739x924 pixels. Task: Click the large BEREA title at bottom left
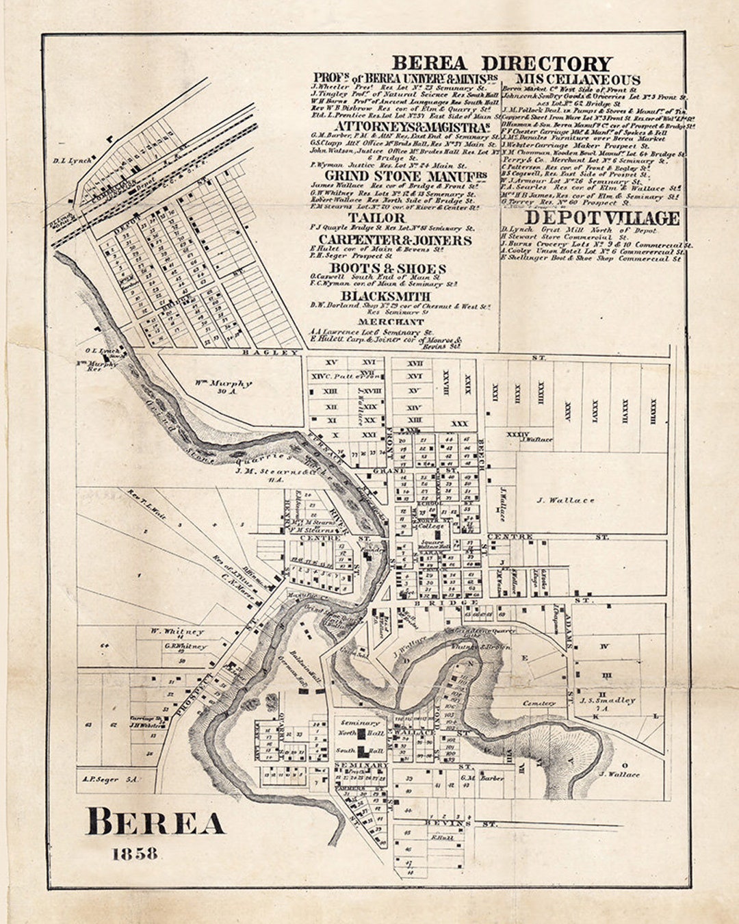tap(155, 821)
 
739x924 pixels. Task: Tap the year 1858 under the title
tap(135, 854)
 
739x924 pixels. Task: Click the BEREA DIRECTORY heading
tap(502, 64)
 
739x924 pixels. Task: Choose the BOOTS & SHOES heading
tap(387, 268)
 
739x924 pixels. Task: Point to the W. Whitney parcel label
tap(177, 631)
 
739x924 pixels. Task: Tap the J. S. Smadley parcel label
tap(608, 700)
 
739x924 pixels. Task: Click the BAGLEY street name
tap(272, 352)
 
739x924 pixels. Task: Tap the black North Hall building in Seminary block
tap(375, 734)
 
